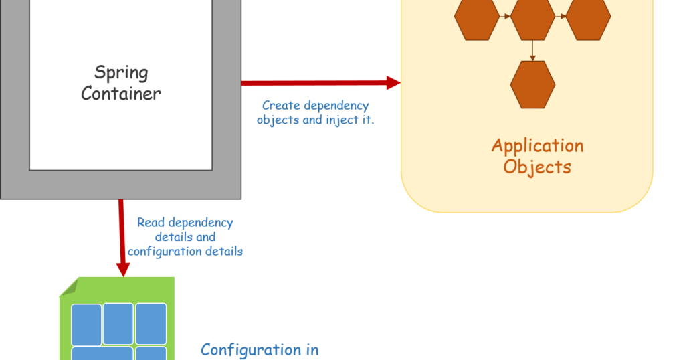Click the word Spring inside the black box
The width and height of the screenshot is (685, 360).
(x=121, y=72)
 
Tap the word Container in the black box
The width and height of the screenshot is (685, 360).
(x=121, y=93)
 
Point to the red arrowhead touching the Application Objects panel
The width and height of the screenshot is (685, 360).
(x=393, y=82)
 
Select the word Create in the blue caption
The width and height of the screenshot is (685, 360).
(x=281, y=106)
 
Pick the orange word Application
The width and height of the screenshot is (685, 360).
(x=537, y=145)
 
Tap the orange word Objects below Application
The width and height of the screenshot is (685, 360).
(x=537, y=166)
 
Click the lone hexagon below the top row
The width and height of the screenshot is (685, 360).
(x=532, y=84)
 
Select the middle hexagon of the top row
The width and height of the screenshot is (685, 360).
(x=532, y=18)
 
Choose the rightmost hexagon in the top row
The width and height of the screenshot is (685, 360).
(x=589, y=18)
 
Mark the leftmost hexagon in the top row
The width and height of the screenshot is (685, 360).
(x=477, y=18)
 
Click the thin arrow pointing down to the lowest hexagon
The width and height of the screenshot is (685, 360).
(x=532, y=51)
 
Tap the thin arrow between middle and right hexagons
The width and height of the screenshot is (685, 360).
(x=561, y=17)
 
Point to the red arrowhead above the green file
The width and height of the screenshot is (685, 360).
(x=122, y=269)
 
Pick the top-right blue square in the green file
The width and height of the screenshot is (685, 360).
(x=151, y=323)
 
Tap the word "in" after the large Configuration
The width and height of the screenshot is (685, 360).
(x=311, y=349)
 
